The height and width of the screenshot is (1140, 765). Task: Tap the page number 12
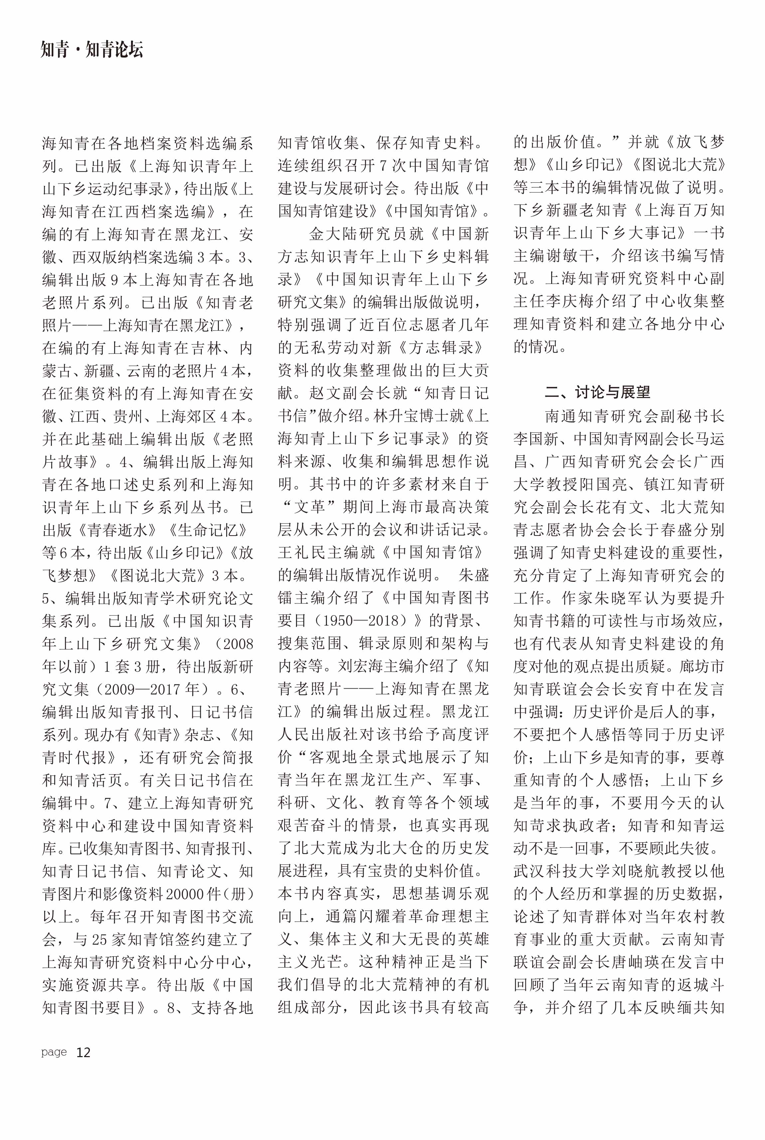coord(83,1052)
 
